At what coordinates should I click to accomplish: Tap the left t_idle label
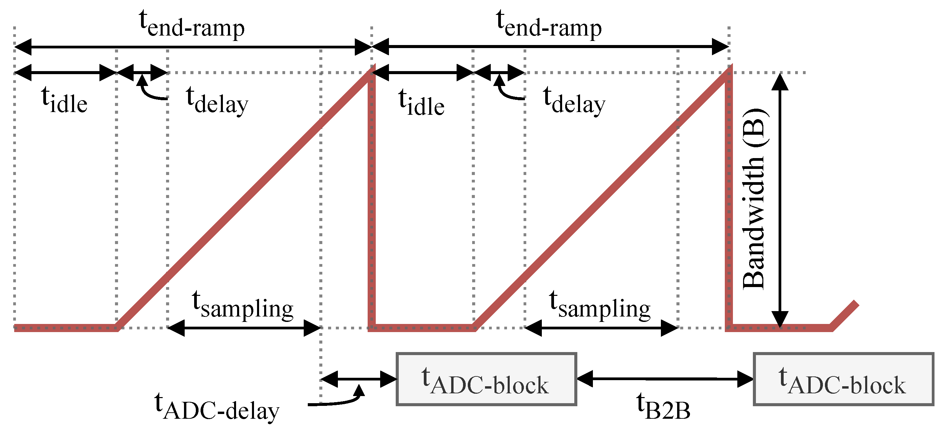(x=64, y=101)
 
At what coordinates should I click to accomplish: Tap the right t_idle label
(x=421, y=103)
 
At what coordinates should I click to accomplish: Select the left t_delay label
(x=217, y=101)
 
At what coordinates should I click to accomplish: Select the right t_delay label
(x=574, y=101)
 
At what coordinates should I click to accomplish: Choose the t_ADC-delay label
(x=217, y=407)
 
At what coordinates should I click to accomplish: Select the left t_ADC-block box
(x=486, y=379)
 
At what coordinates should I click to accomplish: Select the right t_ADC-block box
(x=844, y=379)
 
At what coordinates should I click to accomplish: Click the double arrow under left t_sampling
(x=244, y=328)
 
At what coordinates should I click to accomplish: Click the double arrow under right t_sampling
(x=601, y=328)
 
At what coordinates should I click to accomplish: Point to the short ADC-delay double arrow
(x=359, y=379)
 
